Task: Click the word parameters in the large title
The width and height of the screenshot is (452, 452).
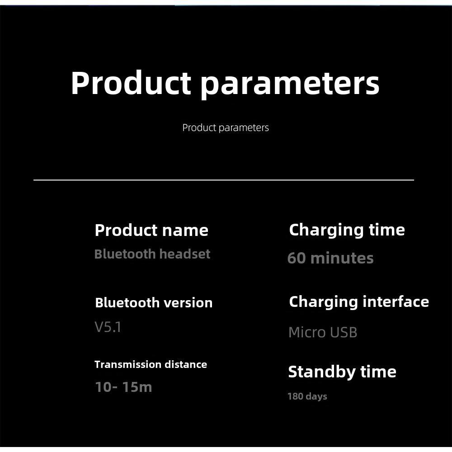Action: tap(290, 85)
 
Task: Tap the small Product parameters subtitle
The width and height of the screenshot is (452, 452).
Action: tap(226, 128)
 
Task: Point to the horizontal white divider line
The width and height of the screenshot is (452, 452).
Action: tap(224, 180)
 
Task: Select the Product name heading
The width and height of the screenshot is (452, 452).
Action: tap(151, 230)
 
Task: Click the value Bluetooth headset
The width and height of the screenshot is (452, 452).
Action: tap(152, 254)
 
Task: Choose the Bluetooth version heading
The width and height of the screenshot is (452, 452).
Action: tap(154, 303)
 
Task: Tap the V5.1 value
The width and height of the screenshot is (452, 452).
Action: tap(108, 327)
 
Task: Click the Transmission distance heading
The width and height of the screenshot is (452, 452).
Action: tap(151, 364)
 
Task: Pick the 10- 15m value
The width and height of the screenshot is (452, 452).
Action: tap(123, 387)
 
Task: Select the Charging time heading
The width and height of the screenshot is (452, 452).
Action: tap(347, 231)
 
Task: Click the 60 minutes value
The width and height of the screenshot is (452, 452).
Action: tap(330, 258)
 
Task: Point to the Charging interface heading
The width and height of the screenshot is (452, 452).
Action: tap(359, 302)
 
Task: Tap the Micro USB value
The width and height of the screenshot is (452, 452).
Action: tap(323, 332)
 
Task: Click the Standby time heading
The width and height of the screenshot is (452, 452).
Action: tap(342, 372)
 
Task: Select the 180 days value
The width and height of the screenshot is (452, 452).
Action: tap(307, 396)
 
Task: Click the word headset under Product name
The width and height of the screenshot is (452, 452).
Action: tap(185, 254)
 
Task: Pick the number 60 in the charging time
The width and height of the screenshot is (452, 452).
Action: tap(297, 258)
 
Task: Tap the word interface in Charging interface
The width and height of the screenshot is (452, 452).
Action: tap(396, 302)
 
